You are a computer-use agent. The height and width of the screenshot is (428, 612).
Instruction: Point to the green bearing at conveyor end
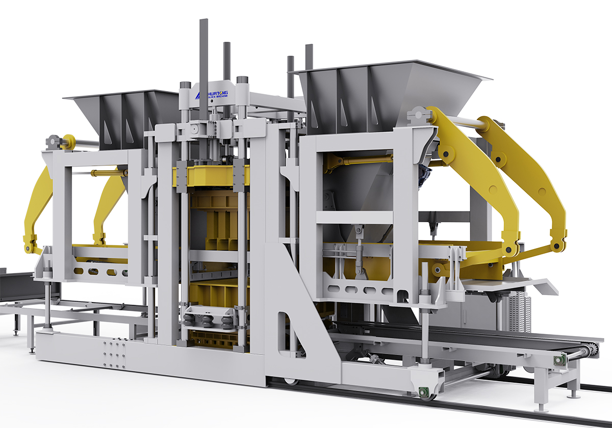click(560, 361)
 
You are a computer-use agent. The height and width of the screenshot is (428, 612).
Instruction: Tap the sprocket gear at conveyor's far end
click(592, 350)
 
